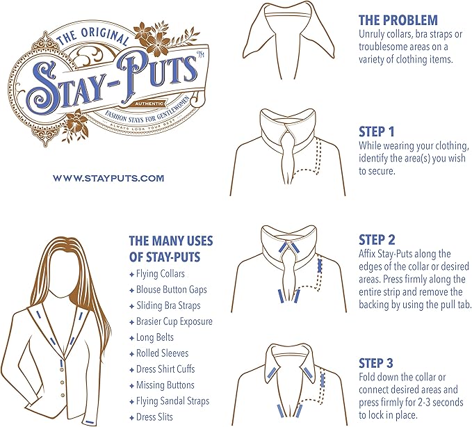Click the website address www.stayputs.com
(108, 178)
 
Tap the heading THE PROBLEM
(398, 20)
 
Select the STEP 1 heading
(376, 131)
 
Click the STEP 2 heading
(377, 240)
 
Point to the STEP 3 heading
(376, 363)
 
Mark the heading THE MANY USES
(171, 241)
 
